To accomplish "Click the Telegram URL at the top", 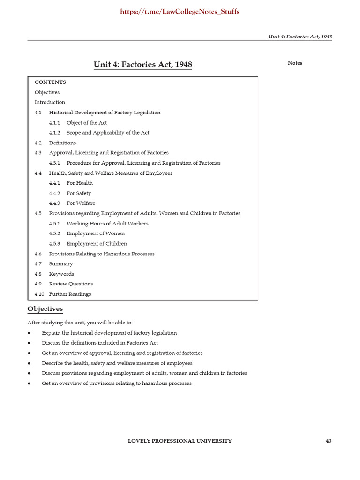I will click(x=180, y=12).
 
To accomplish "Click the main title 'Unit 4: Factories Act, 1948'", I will click(x=143, y=65).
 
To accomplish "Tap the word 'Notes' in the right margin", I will click(x=295, y=63).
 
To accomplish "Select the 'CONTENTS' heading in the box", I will click(x=50, y=82).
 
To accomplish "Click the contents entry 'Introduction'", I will click(x=50, y=102).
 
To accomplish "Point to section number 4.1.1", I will click(x=54, y=123).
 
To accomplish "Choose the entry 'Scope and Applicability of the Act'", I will click(x=108, y=133).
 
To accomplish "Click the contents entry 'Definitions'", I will click(x=62, y=143).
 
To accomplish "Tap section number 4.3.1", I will click(x=54, y=163).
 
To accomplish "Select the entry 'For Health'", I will click(x=80, y=183).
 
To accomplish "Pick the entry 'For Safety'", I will click(x=79, y=193).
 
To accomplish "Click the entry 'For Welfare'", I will click(x=81, y=203).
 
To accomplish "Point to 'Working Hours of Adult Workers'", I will click(x=107, y=224).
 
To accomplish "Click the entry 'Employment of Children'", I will click(x=97, y=244).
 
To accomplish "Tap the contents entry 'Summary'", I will click(x=61, y=264).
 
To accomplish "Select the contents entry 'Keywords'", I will click(x=61, y=274).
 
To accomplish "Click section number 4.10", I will click(x=39, y=294).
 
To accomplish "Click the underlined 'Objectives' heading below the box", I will click(x=45, y=309).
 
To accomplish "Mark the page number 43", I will click(x=329, y=441).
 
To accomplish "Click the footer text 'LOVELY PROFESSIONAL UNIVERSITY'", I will click(x=180, y=441).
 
